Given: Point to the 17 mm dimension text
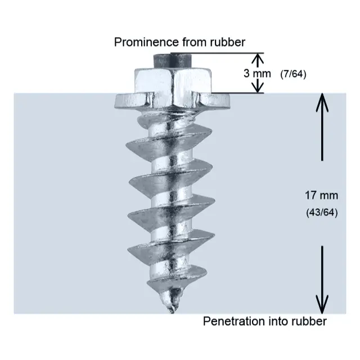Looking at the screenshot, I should click(321, 196).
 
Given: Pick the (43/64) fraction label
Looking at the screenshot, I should click(321, 214).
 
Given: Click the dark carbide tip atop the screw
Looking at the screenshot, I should click(172, 59).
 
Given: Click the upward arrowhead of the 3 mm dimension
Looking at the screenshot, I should click(258, 58).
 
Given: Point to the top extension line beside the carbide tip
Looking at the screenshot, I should click(225, 54).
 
